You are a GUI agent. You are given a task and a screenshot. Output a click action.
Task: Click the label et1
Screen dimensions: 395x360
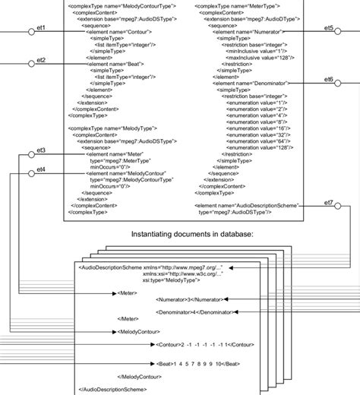coord(40,27)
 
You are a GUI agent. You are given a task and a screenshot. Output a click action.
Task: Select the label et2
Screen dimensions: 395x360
coord(40,60)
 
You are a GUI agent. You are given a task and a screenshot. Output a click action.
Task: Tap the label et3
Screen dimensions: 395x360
coord(40,150)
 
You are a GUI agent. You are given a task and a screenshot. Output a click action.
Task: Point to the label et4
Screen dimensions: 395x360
coord(40,169)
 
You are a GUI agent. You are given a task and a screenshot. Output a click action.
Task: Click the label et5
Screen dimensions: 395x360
coord(328,27)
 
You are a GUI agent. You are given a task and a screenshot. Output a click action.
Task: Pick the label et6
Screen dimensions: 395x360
coord(328,80)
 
